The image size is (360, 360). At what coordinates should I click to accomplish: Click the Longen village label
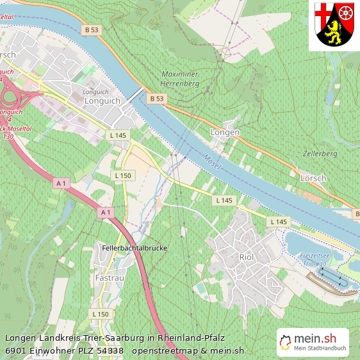click(225, 133)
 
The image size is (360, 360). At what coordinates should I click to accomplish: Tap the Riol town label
click(246, 257)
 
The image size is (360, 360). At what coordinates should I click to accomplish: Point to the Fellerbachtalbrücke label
click(135, 247)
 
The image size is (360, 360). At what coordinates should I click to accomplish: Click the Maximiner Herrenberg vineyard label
click(180, 79)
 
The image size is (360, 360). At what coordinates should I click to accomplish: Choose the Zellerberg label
click(320, 154)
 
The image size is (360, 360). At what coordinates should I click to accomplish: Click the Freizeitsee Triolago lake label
click(315, 259)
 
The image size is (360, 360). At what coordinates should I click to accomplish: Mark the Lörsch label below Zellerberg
click(314, 177)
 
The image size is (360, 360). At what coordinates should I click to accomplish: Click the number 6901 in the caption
click(15, 350)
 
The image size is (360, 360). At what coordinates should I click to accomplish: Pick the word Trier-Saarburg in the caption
click(110, 338)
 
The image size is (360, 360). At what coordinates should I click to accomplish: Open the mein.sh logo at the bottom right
click(313, 342)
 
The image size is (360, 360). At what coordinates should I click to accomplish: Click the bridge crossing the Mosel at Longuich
click(135, 96)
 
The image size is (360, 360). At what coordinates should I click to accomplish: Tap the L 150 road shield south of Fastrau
click(101, 314)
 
